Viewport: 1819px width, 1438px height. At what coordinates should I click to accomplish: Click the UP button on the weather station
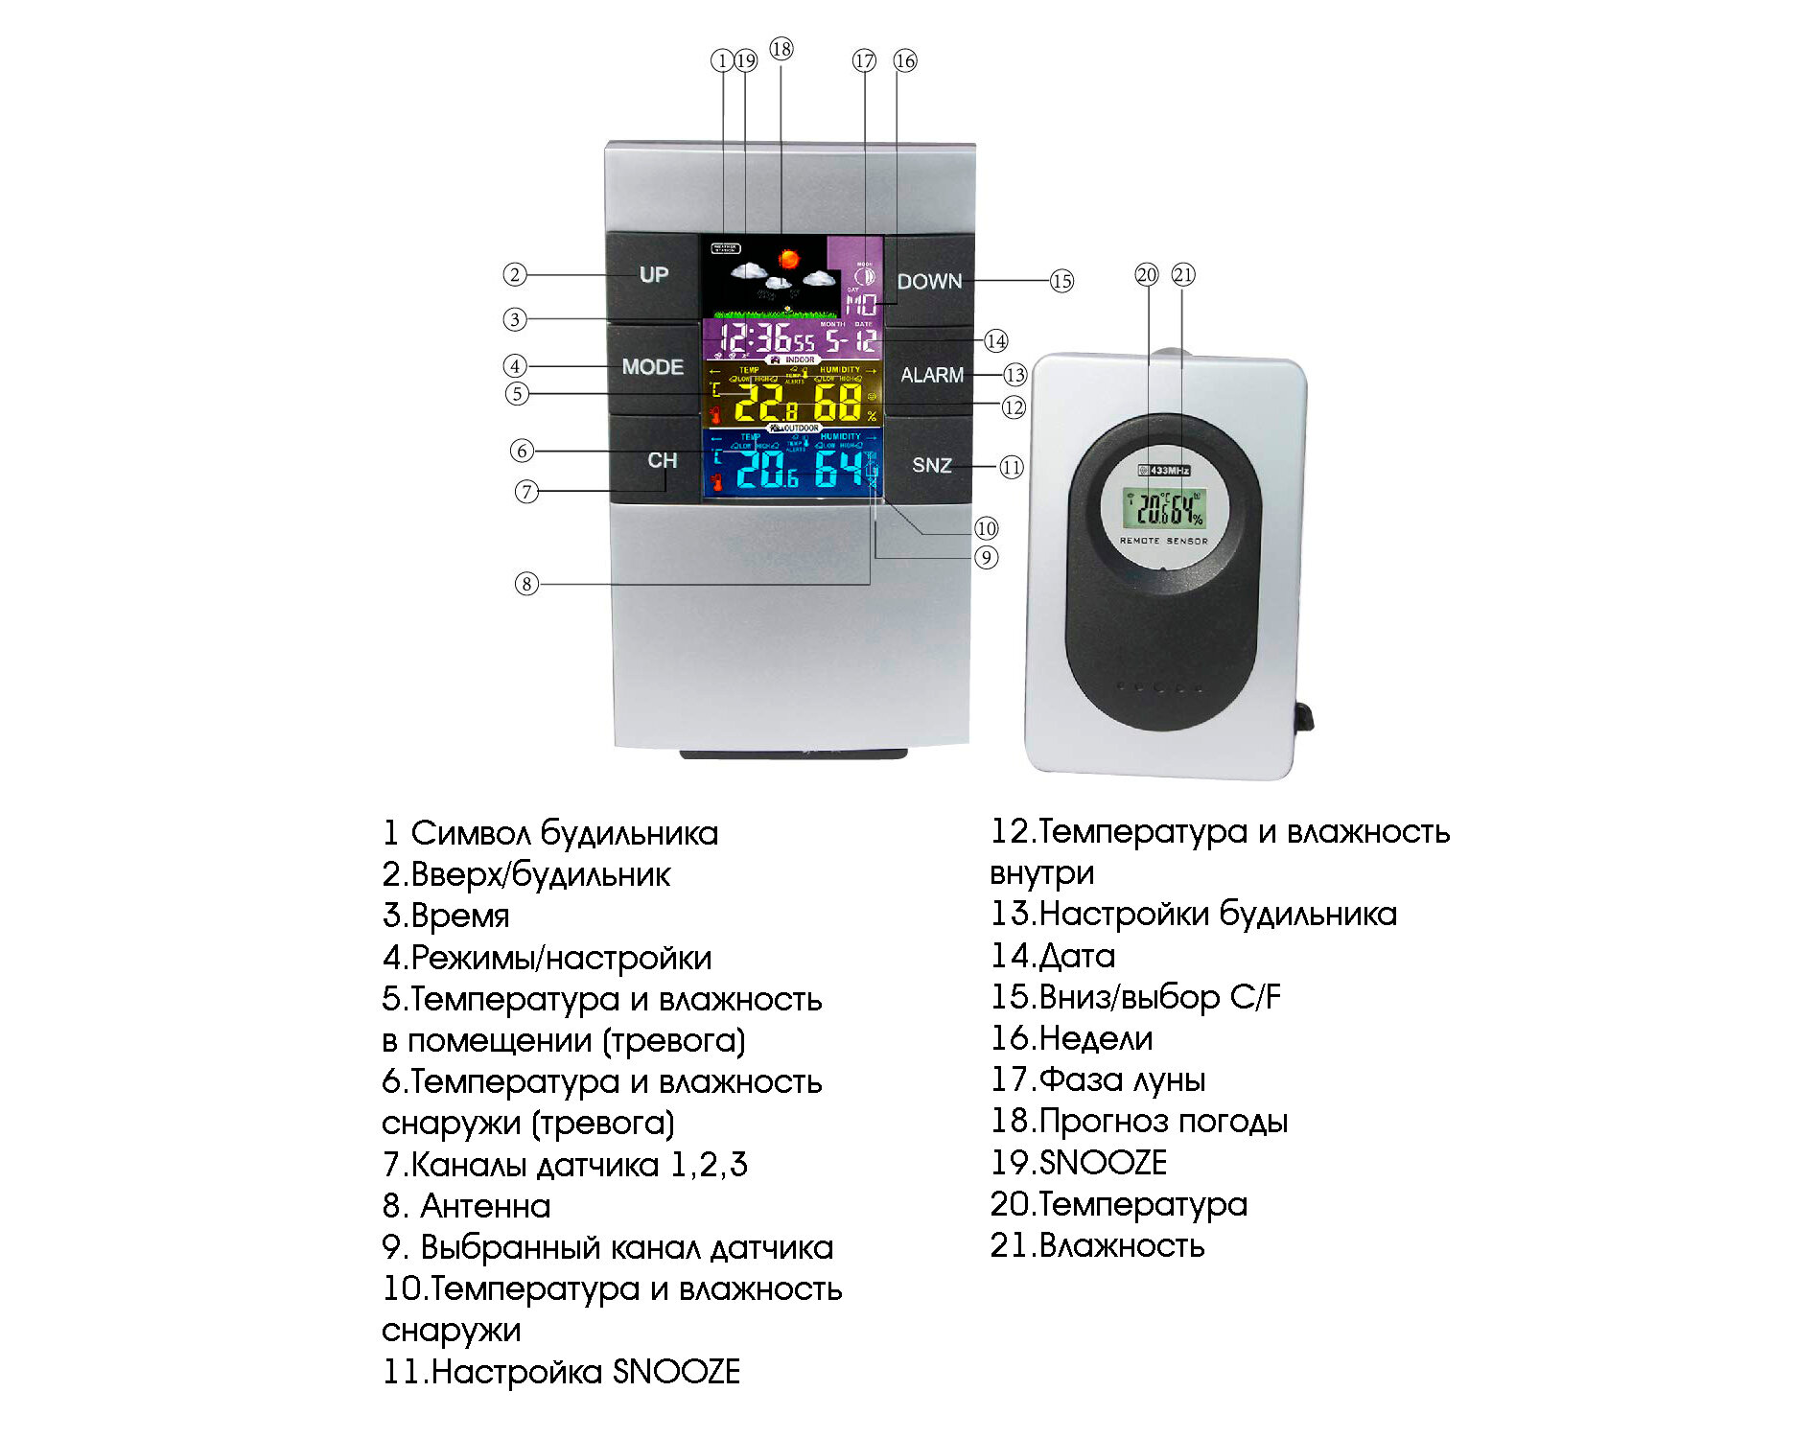coord(653,275)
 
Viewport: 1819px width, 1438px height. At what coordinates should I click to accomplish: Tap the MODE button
coord(652,367)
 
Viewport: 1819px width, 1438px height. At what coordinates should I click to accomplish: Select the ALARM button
coord(931,376)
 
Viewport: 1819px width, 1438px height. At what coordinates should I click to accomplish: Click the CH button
coord(662,460)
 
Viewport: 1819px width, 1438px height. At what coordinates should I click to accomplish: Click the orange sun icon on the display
coord(789,258)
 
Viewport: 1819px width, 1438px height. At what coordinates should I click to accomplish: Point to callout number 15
coord(1061,282)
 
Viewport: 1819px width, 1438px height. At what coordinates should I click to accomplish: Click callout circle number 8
coord(526,584)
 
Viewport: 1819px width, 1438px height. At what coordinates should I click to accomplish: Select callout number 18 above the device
coord(781,49)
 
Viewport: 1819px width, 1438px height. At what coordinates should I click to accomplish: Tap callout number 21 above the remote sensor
coord(1183,275)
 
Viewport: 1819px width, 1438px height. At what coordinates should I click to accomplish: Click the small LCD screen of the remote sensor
coord(1164,508)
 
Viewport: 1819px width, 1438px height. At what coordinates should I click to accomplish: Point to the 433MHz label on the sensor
coord(1164,470)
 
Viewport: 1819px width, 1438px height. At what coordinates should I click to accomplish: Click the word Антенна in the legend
coord(485,1206)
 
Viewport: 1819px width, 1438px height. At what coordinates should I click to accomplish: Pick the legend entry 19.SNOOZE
coord(1079,1163)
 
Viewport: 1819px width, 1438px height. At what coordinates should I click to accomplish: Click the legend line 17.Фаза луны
coord(1098,1080)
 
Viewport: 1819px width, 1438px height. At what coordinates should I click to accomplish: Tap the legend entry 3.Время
coord(446,916)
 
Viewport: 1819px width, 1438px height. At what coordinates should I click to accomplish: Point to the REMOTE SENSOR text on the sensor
coord(1164,542)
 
